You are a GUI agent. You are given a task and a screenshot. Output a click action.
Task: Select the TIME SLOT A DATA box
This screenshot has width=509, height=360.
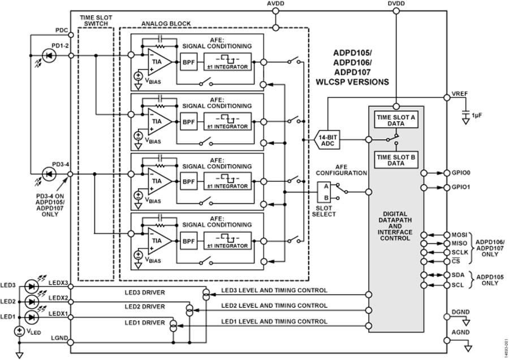pyautogui.click(x=396, y=120)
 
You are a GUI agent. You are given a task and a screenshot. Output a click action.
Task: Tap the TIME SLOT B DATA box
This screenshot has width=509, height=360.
pyautogui.click(x=396, y=159)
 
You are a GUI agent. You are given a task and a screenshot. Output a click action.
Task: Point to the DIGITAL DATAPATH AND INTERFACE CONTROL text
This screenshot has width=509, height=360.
pyautogui.click(x=396, y=226)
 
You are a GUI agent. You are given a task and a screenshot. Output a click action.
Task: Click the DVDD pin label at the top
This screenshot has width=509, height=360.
pyautogui.click(x=396, y=4)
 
